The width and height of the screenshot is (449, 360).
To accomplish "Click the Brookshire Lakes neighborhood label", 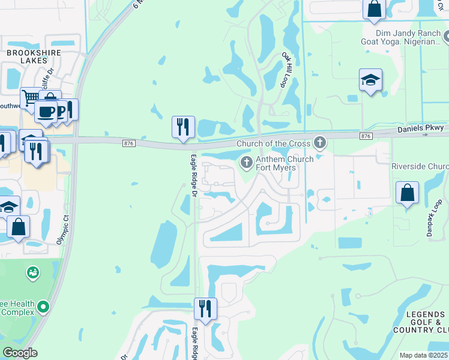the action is tap(34, 57).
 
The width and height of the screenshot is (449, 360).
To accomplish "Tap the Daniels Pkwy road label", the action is tap(421, 128).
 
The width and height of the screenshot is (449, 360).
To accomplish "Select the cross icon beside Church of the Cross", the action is tap(320, 143).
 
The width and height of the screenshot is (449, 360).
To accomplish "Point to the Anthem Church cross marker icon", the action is tap(246, 162).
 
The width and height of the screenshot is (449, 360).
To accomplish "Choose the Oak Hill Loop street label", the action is tap(289, 69).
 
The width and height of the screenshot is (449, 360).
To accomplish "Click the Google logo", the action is tap(20, 353).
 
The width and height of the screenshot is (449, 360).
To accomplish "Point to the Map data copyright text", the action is tap(424, 355).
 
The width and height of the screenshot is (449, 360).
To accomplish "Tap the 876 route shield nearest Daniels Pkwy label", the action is tap(366, 137).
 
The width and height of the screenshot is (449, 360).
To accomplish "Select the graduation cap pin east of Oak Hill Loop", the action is tap(370, 80).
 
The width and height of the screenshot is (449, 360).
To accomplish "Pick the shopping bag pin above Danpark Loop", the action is tap(408, 194).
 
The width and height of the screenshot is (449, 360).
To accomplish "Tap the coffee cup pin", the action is tap(46, 111).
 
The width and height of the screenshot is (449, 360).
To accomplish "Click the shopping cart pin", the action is tap(31, 98).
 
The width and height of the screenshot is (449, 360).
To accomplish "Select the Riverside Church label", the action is tap(420, 166).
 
